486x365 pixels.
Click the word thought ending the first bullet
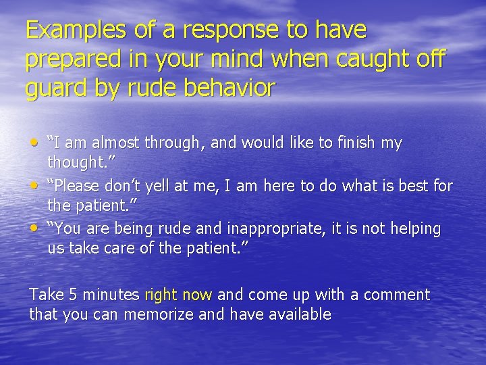[x=77, y=162]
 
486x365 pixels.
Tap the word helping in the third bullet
[x=414, y=229]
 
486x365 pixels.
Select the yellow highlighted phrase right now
[x=178, y=295]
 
